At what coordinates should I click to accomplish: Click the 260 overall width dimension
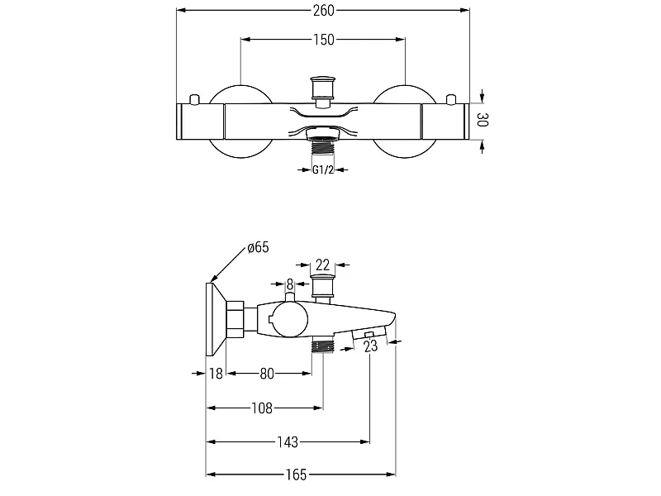point(323,11)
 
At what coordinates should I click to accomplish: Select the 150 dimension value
point(323,40)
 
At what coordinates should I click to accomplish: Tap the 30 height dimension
point(483,120)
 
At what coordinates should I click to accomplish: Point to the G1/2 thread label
point(323,170)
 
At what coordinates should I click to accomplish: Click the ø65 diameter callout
point(258,247)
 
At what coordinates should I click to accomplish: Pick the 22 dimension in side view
point(322,265)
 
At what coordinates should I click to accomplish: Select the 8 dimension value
point(290,285)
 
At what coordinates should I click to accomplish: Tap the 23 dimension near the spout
point(370,346)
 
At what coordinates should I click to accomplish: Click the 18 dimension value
point(216,374)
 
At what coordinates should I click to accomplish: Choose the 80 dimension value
point(267,374)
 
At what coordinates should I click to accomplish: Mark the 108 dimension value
point(262,408)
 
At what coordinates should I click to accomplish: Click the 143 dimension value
point(288,442)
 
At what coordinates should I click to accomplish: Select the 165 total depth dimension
point(296,475)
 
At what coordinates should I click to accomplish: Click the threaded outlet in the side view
point(323,346)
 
